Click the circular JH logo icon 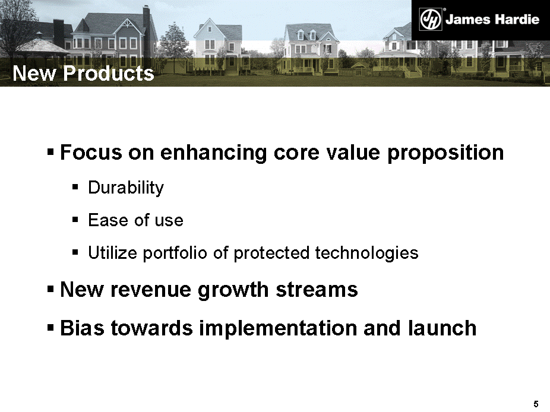pos(431,19)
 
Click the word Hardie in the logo pos(516,19)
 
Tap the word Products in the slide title pos(108,73)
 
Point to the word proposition pos(445,154)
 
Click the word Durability pos(126,188)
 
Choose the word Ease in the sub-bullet pos(108,220)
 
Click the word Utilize pos(113,252)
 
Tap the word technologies pos(366,253)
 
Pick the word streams pos(317,290)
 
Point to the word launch pos(442,328)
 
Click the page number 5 pos(536,404)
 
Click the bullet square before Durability pos(75,187)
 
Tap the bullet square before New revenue pos(50,289)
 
